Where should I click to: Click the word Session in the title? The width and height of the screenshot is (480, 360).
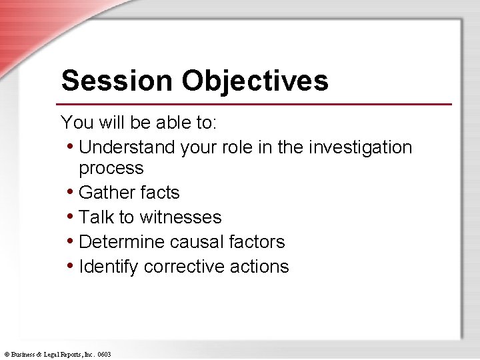(x=116, y=81)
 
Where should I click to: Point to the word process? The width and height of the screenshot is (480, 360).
(x=111, y=168)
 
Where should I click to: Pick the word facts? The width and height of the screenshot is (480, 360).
(x=159, y=193)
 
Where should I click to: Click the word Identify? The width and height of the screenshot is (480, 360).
(x=109, y=267)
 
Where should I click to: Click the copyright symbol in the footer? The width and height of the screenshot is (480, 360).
(x=6, y=355)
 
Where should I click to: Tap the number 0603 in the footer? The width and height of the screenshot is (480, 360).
(x=104, y=355)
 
